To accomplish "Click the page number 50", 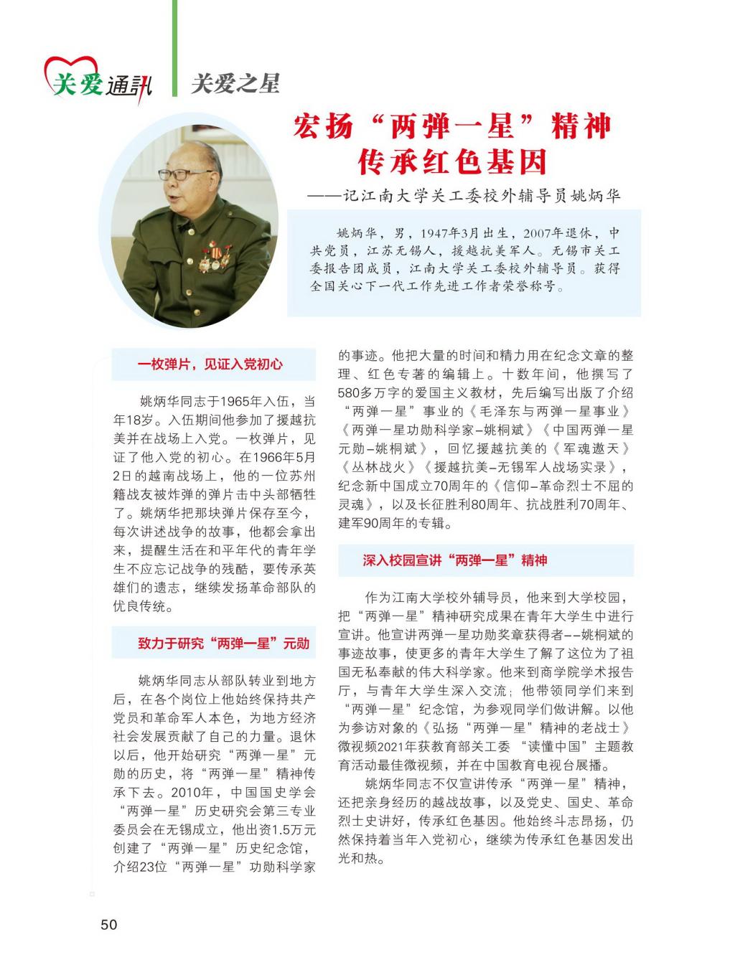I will pos(108,924).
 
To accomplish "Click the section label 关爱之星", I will pos(235,84).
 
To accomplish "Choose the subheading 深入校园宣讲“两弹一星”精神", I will pos(455,560).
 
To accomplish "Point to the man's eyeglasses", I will pos(177,174).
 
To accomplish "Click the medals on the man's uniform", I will pos(216,255).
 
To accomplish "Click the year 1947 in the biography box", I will pos(435,234).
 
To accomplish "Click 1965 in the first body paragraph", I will pos(235,401).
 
